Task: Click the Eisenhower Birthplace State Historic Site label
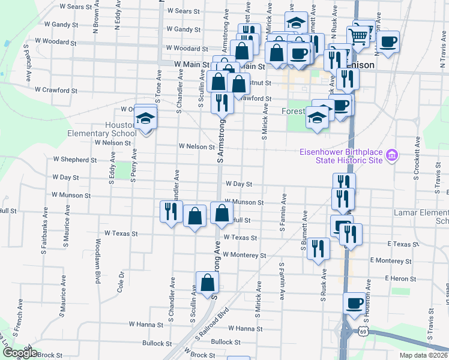[x=341, y=156]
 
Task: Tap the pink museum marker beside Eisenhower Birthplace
[x=392, y=156]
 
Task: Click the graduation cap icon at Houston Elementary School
[x=145, y=118]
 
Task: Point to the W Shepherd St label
[x=74, y=160]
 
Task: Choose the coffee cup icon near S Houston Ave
[x=355, y=304]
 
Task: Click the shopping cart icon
[x=358, y=36]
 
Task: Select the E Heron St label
[x=400, y=279]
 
